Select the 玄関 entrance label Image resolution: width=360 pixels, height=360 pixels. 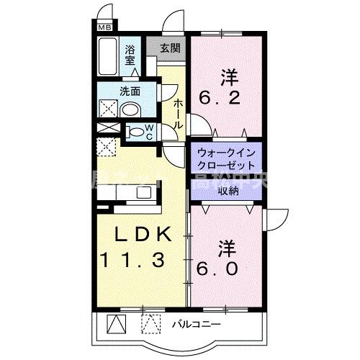coord(170,50)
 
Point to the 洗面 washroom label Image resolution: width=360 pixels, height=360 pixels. coord(130,91)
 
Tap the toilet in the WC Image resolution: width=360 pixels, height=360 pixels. coord(136,132)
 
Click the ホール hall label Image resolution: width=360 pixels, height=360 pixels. coord(177,114)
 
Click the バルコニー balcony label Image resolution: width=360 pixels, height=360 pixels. coord(196,325)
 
